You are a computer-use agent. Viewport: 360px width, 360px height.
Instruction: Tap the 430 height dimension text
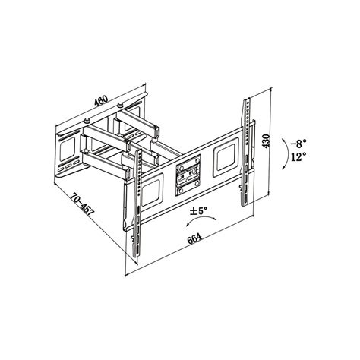(267, 141)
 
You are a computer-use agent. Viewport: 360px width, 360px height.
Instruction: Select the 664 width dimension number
(194, 238)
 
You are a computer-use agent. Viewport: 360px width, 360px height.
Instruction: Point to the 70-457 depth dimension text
(82, 204)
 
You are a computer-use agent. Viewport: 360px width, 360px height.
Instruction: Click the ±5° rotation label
(199, 210)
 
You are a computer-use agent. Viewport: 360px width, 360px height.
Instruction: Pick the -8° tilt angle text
(298, 144)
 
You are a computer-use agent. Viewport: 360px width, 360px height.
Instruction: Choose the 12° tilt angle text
(298, 157)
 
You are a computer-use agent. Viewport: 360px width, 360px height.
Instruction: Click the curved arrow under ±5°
(201, 219)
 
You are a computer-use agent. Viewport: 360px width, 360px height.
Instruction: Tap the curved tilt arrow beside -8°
(286, 154)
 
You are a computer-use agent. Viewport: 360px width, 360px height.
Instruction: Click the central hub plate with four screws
(188, 175)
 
